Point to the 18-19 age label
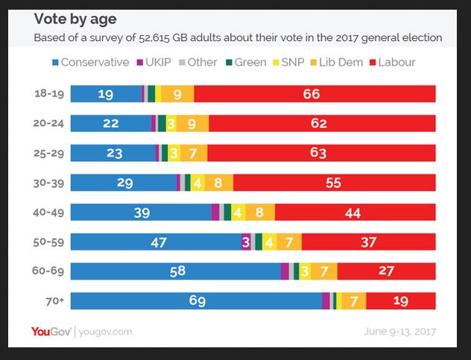pos(49,94)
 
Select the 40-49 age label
pos(49,212)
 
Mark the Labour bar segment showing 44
pos(355,212)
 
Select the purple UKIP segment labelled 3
pos(246,241)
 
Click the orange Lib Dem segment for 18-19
pos(177,94)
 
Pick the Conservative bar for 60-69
pos(177,271)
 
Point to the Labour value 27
pos(386,271)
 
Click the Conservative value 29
pos(125,183)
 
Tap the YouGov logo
pos(51,331)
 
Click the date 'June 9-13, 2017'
pos(399,332)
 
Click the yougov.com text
pos(105,332)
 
